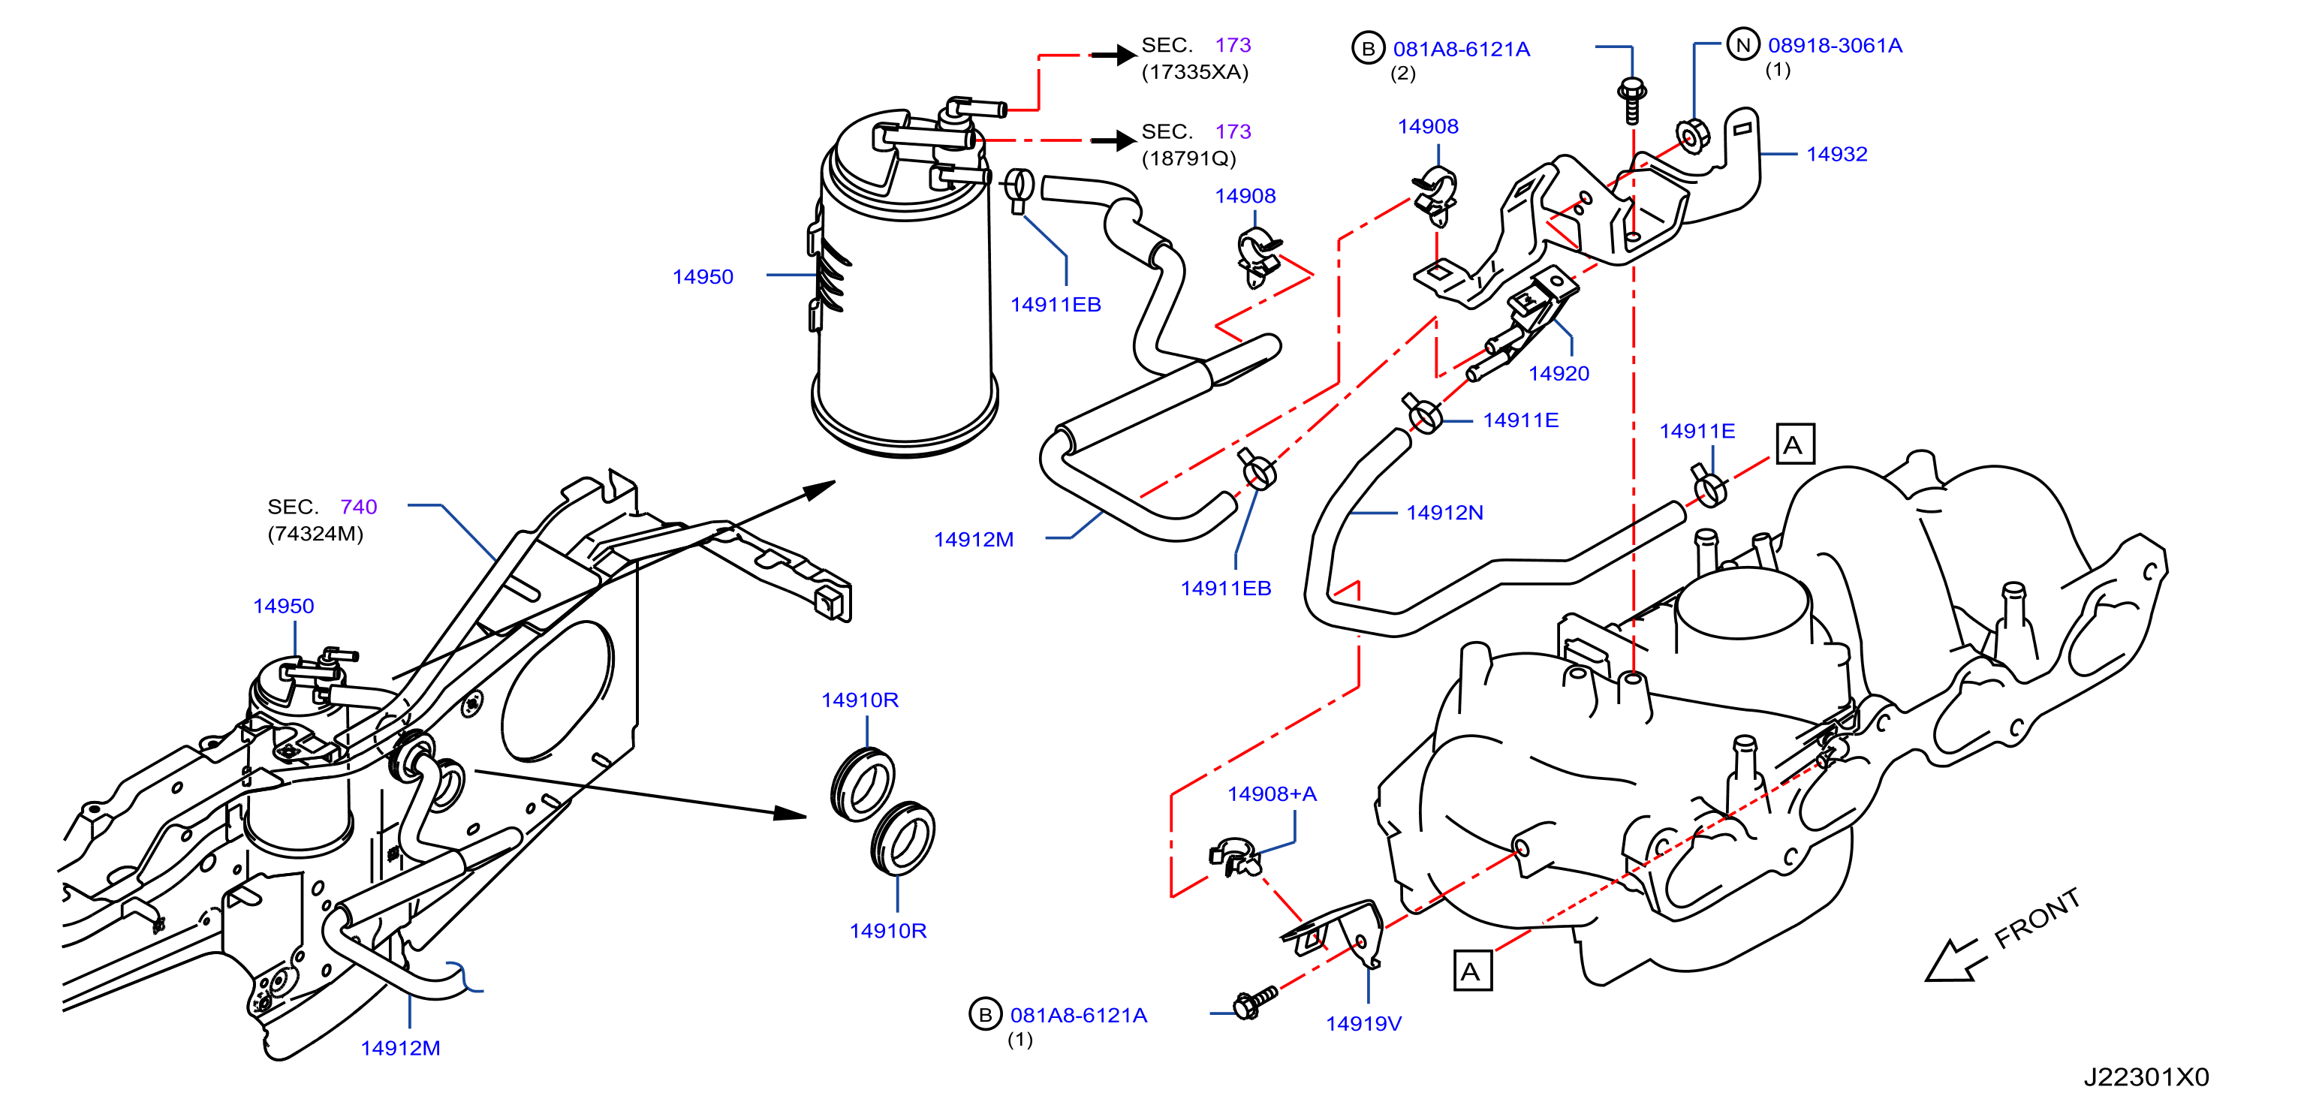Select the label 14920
click(x=1559, y=374)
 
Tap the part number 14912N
click(x=1444, y=513)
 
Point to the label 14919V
click(x=1363, y=1024)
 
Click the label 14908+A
click(x=1271, y=793)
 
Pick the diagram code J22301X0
click(x=2146, y=1077)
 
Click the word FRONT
click(x=2037, y=919)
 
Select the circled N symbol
click(x=1742, y=44)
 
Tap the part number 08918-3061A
click(x=1835, y=46)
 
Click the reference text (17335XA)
click(x=1194, y=72)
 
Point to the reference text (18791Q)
click(x=1188, y=158)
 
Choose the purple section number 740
click(x=359, y=507)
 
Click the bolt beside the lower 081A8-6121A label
click(x=1254, y=1001)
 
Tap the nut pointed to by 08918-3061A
click(x=1691, y=137)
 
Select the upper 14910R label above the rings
click(x=859, y=700)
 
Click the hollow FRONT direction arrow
click(x=1956, y=961)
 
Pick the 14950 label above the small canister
click(x=283, y=607)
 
